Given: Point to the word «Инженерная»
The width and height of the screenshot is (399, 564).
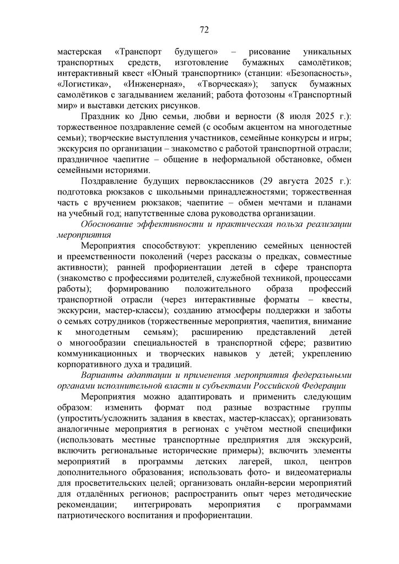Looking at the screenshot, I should (x=153, y=84).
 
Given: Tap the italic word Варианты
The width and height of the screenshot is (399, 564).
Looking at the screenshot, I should (x=99, y=375).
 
